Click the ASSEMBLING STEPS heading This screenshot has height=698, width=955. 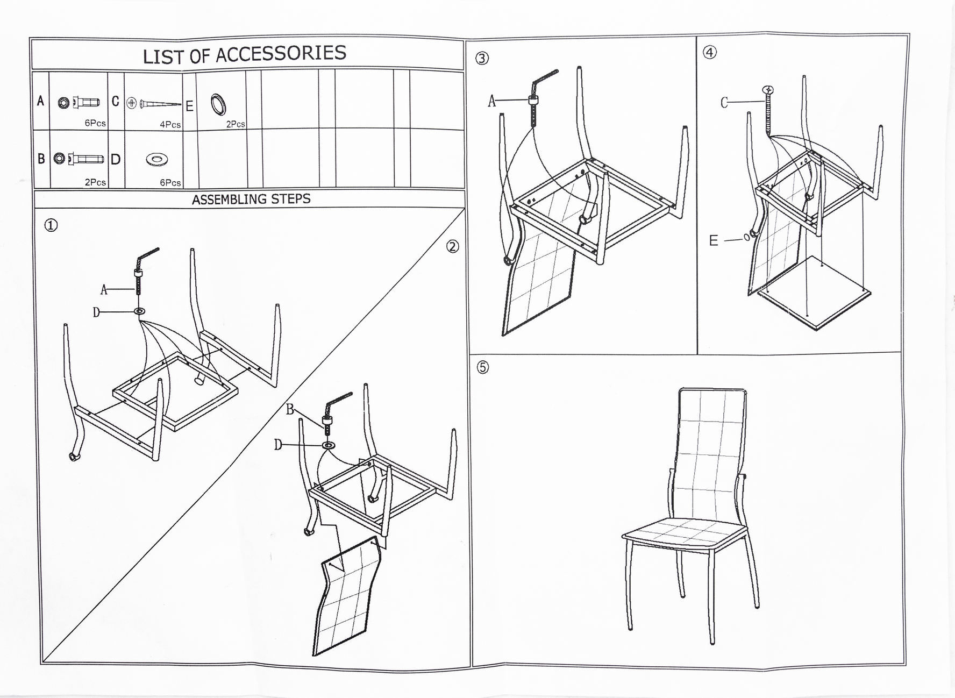click(251, 199)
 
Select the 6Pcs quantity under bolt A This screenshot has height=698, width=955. click(95, 123)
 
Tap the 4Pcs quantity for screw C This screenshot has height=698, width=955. click(170, 125)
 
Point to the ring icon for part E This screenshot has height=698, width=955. click(218, 104)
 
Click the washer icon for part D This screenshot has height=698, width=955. click(157, 159)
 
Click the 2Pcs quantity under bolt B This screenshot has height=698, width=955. click(95, 182)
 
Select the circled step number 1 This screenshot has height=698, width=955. click(51, 225)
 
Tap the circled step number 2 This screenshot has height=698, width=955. click(453, 246)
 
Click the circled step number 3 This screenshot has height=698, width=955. click(482, 58)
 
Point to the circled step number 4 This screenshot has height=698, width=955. click(710, 52)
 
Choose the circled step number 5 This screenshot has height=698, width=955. click(483, 367)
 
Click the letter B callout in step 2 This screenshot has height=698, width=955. click(290, 410)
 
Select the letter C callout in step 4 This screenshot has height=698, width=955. click(724, 103)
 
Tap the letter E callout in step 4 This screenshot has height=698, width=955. click(714, 240)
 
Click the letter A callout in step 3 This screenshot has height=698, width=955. click(491, 101)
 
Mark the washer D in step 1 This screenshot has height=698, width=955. click(140, 311)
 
